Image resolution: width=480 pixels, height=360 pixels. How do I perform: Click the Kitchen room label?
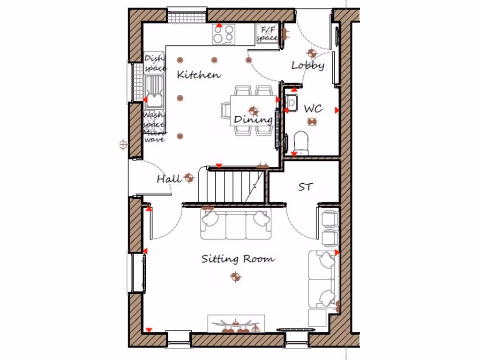(x=199, y=75)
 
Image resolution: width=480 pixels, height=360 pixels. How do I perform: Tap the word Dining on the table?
(x=253, y=120)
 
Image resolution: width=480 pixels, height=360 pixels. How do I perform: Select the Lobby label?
(x=308, y=66)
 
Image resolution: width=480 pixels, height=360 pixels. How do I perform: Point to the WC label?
(x=313, y=109)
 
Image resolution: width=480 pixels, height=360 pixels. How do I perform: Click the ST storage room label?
(x=305, y=187)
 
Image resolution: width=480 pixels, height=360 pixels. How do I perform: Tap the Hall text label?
(x=168, y=179)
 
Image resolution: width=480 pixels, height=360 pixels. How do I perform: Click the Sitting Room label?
(x=238, y=259)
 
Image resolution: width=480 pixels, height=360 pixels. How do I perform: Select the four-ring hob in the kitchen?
(x=224, y=34)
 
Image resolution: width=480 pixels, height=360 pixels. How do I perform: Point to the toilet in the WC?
(x=300, y=142)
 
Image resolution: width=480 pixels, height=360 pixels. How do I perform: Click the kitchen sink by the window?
(x=153, y=92)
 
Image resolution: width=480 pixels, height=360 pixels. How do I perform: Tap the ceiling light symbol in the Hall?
(x=189, y=177)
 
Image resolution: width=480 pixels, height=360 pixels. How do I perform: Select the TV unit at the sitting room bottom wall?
(x=237, y=324)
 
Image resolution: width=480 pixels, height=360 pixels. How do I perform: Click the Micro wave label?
(x=154, y=136)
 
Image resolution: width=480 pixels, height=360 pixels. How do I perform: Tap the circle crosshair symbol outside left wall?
(x=124, y=145)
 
